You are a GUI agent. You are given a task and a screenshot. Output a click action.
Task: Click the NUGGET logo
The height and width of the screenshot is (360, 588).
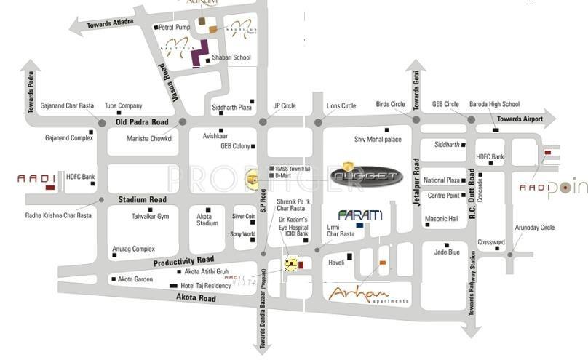[366, 176]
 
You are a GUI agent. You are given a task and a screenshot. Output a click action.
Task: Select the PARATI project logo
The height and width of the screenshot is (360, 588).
[360, 216]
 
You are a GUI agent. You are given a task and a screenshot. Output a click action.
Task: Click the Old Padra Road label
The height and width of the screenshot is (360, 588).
[142, 122]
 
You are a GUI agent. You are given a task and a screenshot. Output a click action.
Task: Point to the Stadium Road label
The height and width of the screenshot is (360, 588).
[143, 199]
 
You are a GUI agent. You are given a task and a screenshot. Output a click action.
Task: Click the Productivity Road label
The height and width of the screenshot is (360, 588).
[183, 260]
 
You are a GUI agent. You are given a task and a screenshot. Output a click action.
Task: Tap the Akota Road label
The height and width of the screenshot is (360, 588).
[196, 298]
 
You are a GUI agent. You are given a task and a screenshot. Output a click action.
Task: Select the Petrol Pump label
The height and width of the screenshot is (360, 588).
[175, 27]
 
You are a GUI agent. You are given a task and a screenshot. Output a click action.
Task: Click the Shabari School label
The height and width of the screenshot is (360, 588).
[231, 57]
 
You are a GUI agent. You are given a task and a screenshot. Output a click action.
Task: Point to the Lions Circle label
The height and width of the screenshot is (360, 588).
[341, 106]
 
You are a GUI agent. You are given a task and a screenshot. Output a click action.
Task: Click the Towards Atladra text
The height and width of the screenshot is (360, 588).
[110, 23]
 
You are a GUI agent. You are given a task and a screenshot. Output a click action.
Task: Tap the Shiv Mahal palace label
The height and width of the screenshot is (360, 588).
[378, 139]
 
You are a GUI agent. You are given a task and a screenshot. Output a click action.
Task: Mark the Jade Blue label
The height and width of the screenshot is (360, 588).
[447, 252]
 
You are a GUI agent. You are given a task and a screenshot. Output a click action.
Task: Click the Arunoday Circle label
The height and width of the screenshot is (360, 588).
[535, 228]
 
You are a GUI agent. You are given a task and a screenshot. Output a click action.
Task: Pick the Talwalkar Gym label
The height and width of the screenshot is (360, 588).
[150, 216]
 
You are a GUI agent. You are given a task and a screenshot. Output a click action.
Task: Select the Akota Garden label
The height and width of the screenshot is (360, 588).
[135, 279]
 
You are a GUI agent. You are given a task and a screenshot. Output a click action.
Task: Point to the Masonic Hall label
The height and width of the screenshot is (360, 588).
[442, 219]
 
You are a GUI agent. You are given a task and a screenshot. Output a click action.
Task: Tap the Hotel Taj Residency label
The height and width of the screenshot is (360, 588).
[206, 286]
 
